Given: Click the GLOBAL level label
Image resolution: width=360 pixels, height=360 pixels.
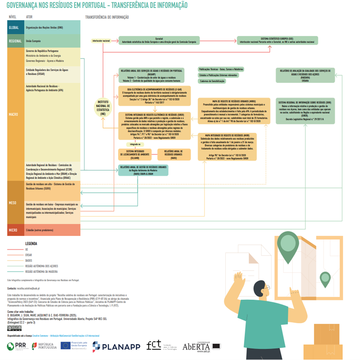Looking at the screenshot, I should pos(15,27).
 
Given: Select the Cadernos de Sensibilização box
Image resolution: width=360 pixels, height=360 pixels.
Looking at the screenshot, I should pos(212,81).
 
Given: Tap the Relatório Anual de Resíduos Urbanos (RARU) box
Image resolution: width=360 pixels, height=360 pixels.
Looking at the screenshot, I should pos(173,154).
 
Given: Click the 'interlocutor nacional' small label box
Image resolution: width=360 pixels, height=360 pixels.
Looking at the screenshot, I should pos(101,41).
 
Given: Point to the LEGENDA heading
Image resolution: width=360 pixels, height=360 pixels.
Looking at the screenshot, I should pos(31,243).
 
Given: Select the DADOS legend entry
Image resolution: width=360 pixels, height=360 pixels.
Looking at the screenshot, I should pos(28,260).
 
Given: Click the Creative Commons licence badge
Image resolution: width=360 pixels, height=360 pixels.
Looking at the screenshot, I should pos(14,328).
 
